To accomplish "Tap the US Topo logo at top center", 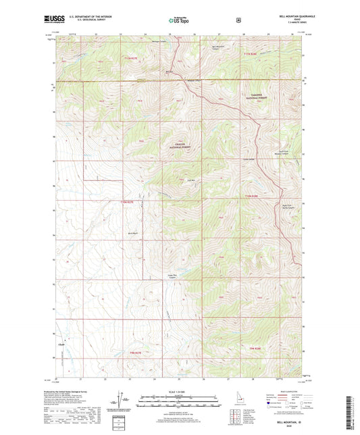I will click(x=179, y=20).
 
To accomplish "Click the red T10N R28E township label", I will click(x=250, y=196).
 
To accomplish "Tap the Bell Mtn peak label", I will click(x=191, y=180).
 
